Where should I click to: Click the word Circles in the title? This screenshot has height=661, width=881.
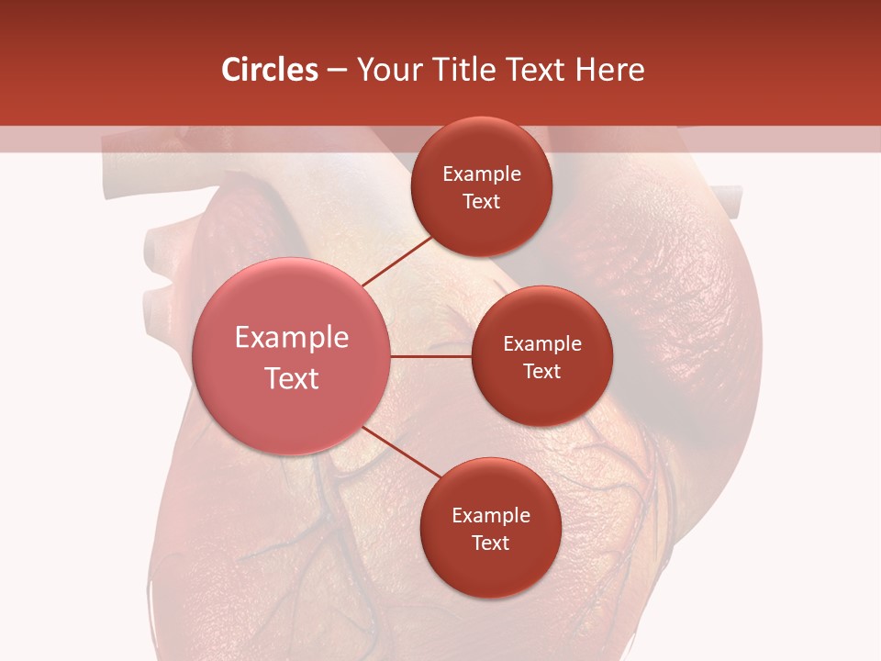tap(270, 70)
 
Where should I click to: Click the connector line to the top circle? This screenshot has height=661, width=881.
tap(396, 261)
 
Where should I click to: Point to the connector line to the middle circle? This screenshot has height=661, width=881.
tap(431, 355)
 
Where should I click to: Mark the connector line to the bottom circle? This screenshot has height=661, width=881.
tap(400, 453)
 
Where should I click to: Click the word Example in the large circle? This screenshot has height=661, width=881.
tap(292, 338)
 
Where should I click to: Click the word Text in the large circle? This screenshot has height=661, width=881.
tap(292, 378)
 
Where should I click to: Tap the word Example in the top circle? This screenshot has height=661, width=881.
tap(482, 174)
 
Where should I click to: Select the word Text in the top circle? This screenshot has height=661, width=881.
tap(481, 202)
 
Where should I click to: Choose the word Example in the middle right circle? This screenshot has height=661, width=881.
tap(542, 344)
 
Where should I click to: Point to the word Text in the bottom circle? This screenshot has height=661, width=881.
tap(490, 543)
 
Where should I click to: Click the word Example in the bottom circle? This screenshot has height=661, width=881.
tap(491, 516)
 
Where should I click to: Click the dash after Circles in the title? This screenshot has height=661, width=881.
tap(337, 71)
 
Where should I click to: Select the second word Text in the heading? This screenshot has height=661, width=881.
tap(526, 70)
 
